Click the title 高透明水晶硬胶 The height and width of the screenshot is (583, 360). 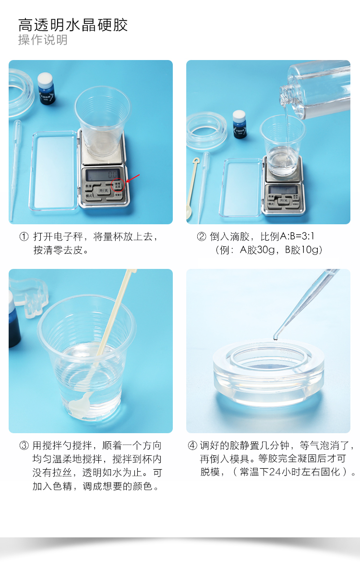tap(73, 24)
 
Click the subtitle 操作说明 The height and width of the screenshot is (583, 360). tap(43, 40)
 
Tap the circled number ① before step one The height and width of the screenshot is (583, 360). tap(24, 237)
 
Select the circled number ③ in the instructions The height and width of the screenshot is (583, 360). tap(24, 446)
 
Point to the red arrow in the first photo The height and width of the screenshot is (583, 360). tap(132, 179)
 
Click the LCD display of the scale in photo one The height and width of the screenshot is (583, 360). tap(103, 173)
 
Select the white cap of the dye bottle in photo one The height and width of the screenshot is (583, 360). tap(45, 79)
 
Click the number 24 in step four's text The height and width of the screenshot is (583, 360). tap(275, 472)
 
